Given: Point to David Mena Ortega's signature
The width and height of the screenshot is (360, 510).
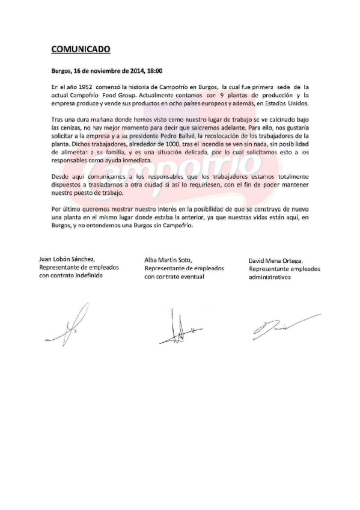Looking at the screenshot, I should coord(279,325).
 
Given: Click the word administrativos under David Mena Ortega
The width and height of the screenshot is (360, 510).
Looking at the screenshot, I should coord(270,278).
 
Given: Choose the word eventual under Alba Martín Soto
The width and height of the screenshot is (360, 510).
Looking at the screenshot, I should coord(190,276).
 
